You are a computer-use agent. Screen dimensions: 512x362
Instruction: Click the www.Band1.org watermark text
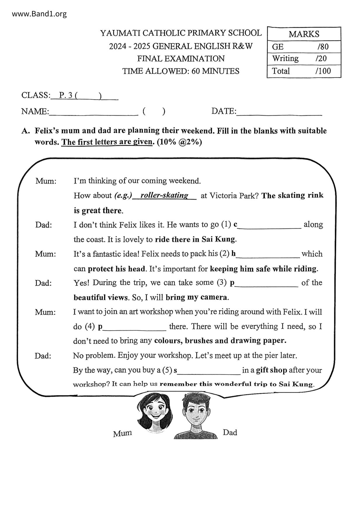pos(39,14)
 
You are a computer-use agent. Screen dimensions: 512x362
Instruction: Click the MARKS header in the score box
pos(304,34)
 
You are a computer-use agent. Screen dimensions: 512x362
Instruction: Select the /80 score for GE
pos(323,47)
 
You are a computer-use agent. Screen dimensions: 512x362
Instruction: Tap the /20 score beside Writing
pos(321,59)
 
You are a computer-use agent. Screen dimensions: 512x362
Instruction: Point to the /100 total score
pos(323,71)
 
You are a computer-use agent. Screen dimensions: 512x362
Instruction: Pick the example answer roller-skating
pos(164,195)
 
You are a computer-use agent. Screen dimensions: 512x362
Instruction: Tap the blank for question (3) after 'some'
pos(266,284)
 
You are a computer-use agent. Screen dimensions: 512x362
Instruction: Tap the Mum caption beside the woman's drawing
pos(122,433)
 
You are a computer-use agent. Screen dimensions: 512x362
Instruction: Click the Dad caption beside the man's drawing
pos(230,432)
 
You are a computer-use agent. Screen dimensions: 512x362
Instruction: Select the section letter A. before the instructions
pos(25,131)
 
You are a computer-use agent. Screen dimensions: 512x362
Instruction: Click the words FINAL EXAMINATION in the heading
pos(181,59)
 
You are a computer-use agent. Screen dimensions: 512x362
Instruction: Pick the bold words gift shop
pos(271,370)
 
